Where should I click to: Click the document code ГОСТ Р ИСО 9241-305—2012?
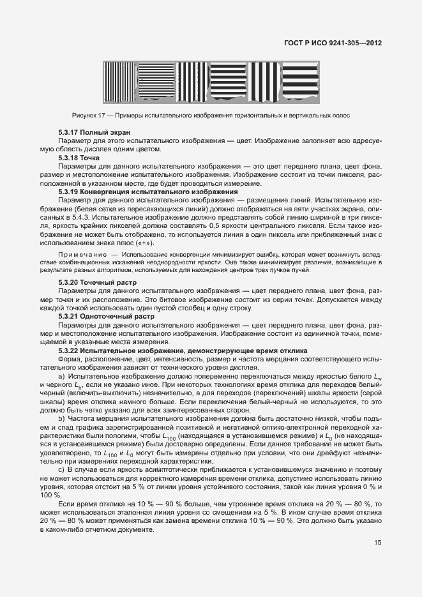[x=332, y=44]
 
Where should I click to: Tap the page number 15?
[x=377, y=543]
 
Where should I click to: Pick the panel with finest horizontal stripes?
[x=156, y=82]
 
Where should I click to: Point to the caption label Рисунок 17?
[x=89, y=115]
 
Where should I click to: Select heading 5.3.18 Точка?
[x=76, y=157]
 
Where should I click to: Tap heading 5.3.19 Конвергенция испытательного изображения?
[x=148, y=192]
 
